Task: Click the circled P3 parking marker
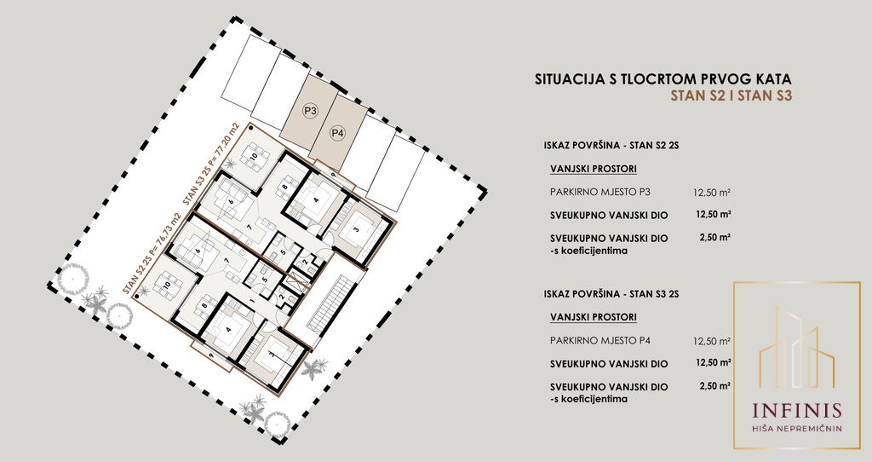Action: (x=310, y=111)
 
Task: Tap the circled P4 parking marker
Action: (x=337, y=133)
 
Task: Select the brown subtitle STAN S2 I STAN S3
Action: (x=731, y=95)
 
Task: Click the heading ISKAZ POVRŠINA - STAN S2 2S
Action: (x=611, y=146)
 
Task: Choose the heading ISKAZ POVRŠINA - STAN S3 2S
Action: (x=611, y=294)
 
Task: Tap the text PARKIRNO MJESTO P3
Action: (x=593, y=192)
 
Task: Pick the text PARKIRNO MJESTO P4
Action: (x=593, y=340)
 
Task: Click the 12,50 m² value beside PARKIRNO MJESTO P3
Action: (x=712, y=193)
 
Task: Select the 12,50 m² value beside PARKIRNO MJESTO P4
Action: (x=712, y=341)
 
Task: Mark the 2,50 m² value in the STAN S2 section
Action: (x=714, y=237)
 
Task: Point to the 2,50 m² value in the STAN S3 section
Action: (x=714, y=385)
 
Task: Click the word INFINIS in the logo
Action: (x=796, y=411)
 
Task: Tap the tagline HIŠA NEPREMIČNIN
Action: (x=796, y=429)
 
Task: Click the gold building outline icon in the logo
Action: (x=796, y=348)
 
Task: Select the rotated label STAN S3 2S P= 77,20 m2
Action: (x=211, y=165)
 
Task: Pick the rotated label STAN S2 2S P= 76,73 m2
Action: (x=152, y=254)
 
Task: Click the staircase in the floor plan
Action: (x=330, y=304)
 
